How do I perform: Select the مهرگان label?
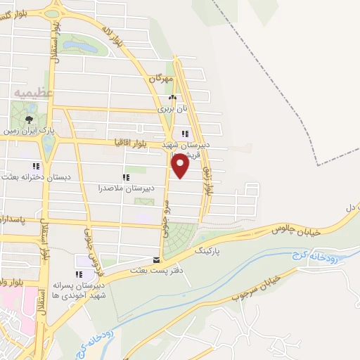point(160,79)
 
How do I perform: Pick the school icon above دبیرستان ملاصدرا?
point(126,177)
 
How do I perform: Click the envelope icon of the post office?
point(156,259)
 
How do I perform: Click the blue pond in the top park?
point(81,47)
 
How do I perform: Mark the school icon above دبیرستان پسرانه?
point(78,274)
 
